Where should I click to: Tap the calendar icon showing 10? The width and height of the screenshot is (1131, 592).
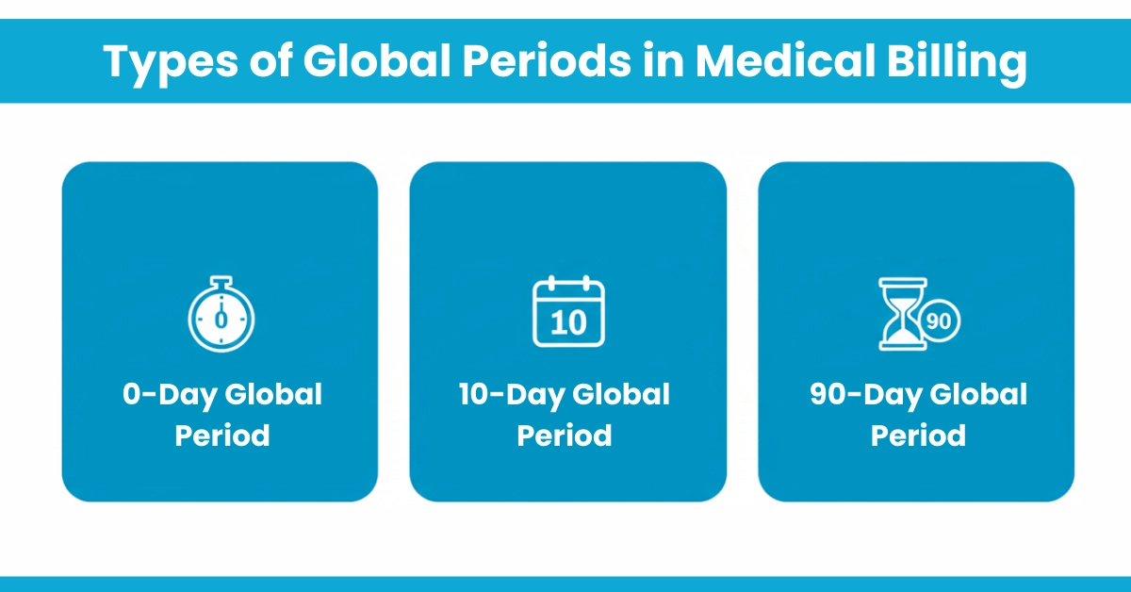[568, 312]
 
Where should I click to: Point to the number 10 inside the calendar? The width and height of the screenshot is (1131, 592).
[568, 322]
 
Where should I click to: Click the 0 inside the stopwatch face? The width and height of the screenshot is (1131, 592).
[221, 320]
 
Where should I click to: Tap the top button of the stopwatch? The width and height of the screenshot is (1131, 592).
[221, 280]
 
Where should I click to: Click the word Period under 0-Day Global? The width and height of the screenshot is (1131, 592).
[222, 436]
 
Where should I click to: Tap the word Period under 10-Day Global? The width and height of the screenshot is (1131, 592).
[565, 436]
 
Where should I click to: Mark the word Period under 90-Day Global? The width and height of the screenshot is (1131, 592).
[918, 436]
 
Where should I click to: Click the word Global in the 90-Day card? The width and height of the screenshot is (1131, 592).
[978, 394]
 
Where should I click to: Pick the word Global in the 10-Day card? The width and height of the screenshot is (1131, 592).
[621, 394]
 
